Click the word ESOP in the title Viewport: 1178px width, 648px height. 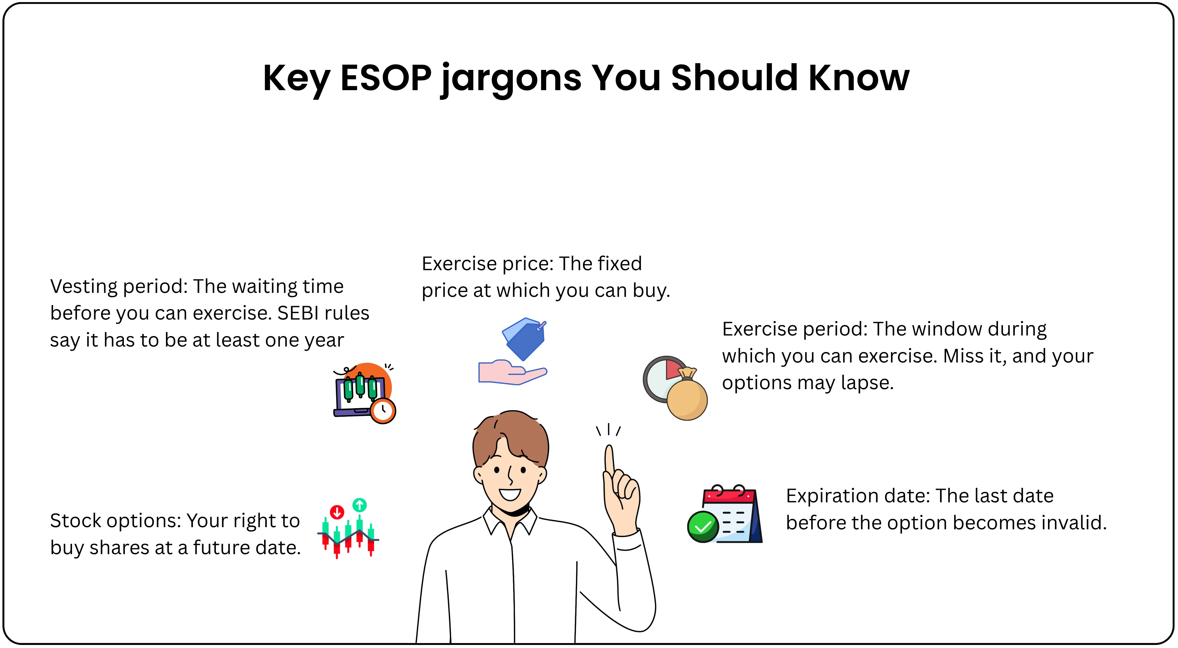click(386, 78)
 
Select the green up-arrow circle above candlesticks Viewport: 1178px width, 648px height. click(359, 505)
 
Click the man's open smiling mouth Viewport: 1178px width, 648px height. click(510, 494)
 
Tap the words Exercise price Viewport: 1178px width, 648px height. click(487, 264)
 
